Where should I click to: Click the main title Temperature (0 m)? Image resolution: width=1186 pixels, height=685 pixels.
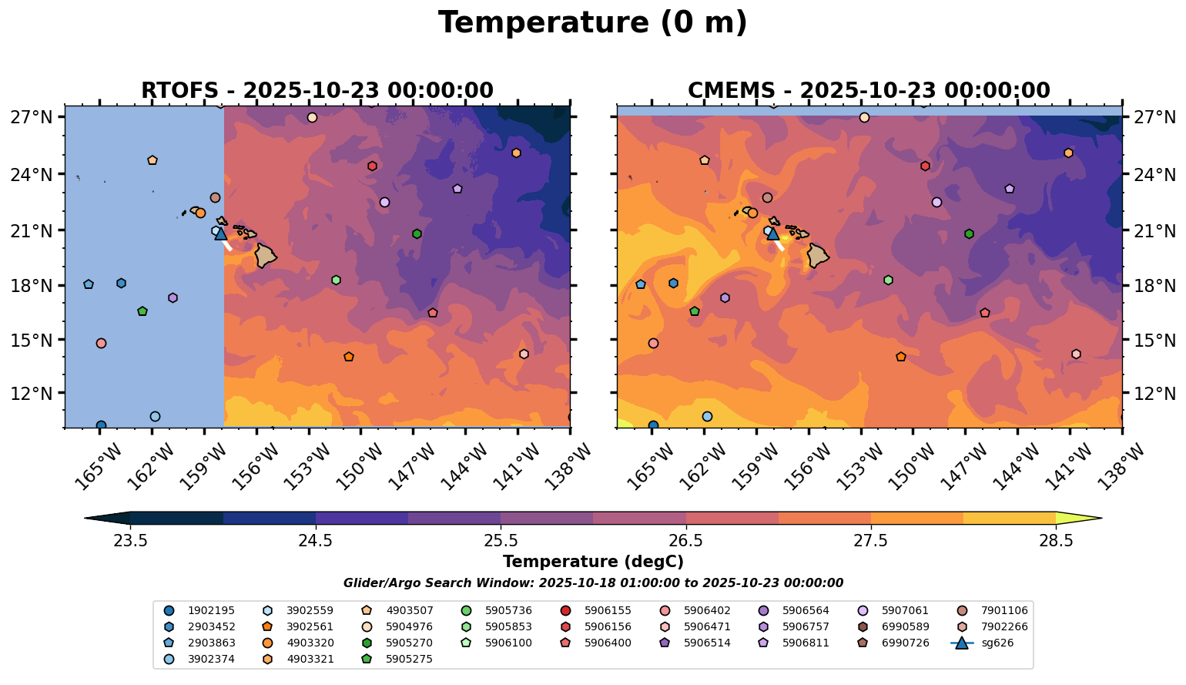pyautogui.click(x=592, y=23)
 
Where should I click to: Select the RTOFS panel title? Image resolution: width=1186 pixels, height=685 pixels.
pyautogui.click(x=317, y=91)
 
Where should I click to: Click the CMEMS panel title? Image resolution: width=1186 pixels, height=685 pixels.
pyautogui.click(x=869, y=91)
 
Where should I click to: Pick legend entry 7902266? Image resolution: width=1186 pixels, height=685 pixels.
pyautogui.click(x=993, y=626)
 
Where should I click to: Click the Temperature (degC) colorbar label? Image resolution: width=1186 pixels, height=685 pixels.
pyautogui.click(x=593, y=562)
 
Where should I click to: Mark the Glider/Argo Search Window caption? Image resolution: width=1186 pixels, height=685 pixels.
pyautogui.click(x=593, y=583)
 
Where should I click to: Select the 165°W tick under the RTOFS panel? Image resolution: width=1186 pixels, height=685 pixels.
pyautogui.click(x=97, y=465)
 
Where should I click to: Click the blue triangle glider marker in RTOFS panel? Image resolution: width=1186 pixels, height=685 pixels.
pyautogui.click(x=221, y=233)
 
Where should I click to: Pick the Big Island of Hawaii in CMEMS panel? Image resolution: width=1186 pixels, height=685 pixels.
pyautogui.click(x=818, y=255)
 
